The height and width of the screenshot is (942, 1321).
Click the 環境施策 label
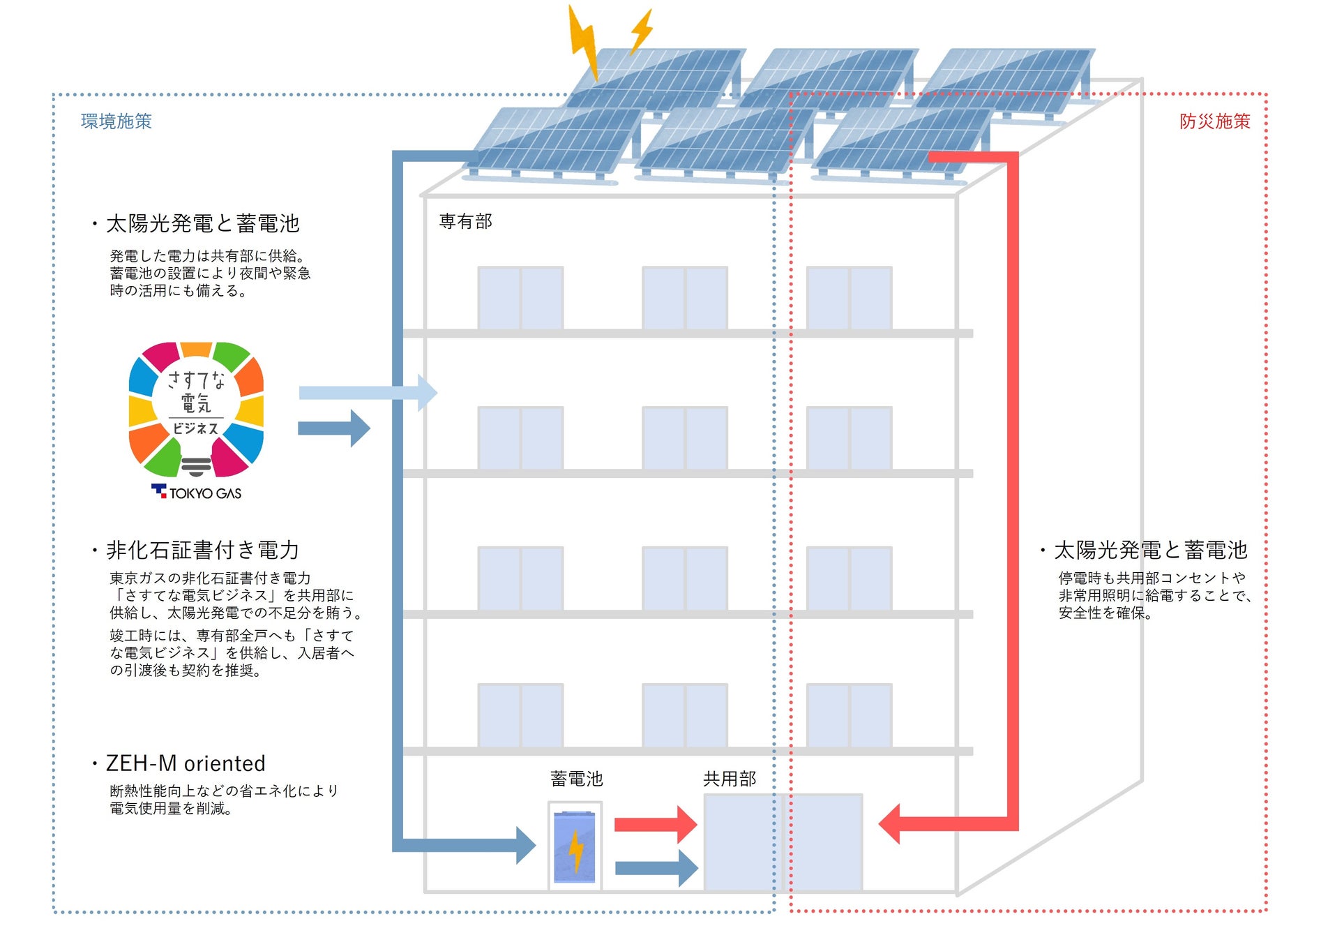tap(116, 121)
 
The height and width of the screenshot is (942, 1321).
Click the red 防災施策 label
tap(1214, 121)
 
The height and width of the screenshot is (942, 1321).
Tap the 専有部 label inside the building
tap(465, 221)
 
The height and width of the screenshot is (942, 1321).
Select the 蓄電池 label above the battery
tap(576, 779)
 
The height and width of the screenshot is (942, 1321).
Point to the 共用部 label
tap(730, 779)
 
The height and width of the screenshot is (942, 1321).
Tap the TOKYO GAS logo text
tap(204, 493)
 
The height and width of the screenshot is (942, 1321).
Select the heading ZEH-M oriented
tap(186, 763)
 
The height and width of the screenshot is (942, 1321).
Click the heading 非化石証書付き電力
tap(202, 550)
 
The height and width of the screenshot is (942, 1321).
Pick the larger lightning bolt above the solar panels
tap(584, 42)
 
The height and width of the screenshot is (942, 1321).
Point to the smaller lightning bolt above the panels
tap(642, 31)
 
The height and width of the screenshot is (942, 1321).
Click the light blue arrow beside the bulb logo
tap(367, 393)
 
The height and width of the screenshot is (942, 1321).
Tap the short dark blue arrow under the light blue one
tap(333, 428)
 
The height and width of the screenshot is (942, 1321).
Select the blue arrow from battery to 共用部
tap(656, 868)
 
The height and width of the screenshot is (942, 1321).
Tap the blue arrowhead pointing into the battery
tap(525, 845)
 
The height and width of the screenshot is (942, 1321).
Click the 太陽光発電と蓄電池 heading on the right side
tap(1150, 550)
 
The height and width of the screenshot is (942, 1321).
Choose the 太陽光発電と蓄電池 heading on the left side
tap(202, 223)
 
